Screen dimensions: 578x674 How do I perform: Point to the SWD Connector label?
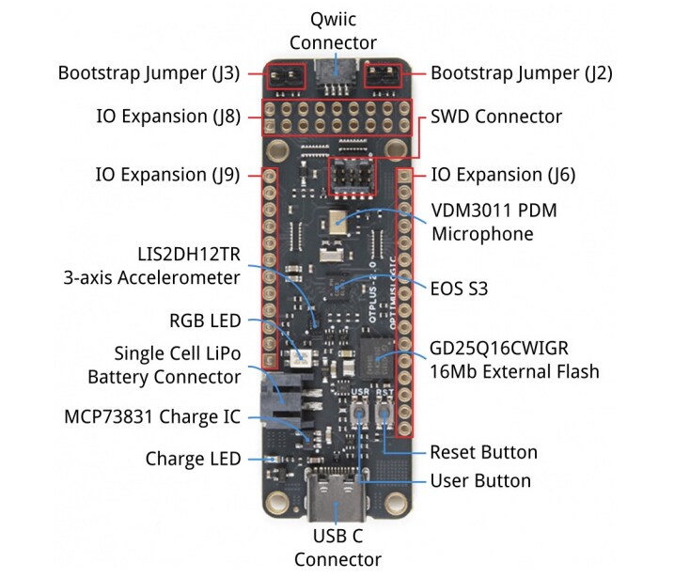495,117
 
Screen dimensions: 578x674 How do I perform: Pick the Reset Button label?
483,452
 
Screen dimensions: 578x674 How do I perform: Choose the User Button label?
479,481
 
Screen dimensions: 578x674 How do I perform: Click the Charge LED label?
193,459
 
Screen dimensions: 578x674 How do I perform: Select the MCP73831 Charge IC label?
152,415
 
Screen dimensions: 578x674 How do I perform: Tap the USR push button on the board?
359,414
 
